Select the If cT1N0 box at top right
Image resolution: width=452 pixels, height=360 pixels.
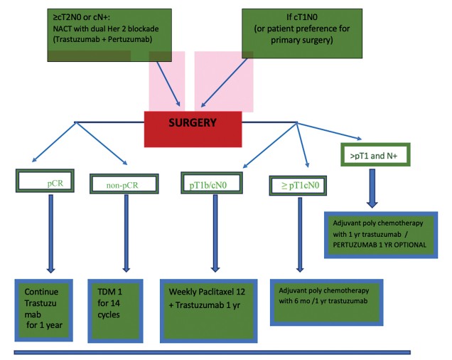click(304, 31)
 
